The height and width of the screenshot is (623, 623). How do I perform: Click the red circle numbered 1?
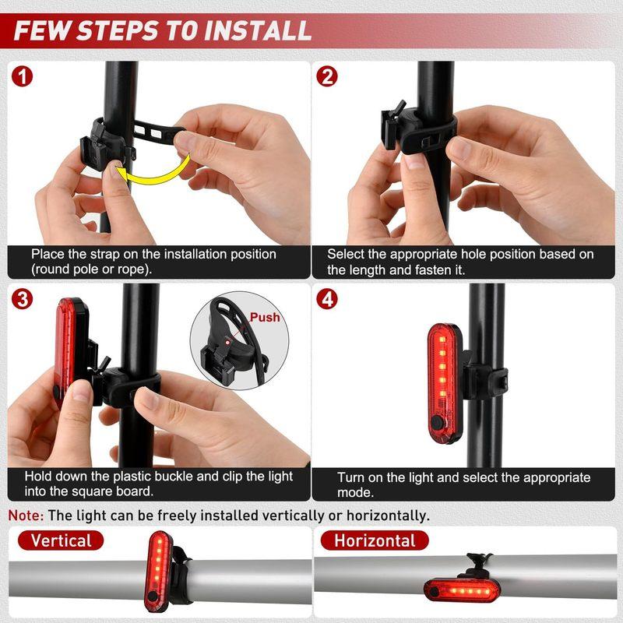(23, 76)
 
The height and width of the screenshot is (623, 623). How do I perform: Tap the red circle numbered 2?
(327, 76)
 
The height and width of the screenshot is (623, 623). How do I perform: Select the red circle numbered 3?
(23, 299)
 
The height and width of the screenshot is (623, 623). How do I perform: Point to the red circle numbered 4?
(327, 299)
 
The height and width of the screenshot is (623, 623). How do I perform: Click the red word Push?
(265, 318)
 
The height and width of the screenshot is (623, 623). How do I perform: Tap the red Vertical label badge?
(61, 540)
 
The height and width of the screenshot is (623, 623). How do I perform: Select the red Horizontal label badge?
(375, 540)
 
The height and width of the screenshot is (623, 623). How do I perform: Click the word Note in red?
(26, 516)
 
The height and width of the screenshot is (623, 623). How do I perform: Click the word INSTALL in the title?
(258, 31)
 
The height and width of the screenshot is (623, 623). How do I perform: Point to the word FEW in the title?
(43, 31)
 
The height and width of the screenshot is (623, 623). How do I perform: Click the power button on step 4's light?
(437, 422)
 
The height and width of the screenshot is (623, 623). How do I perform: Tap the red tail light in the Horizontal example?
(462, 591)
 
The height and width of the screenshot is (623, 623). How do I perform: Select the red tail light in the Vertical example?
(158, 571)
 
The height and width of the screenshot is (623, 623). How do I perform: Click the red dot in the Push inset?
(227, 342)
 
